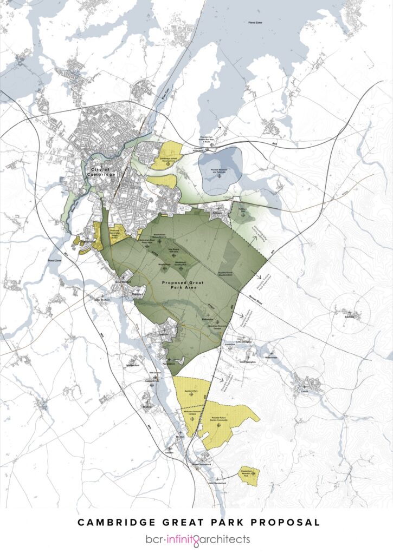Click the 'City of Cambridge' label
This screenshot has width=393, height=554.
tap(97, 173)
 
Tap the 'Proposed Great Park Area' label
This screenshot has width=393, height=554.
tap(182, 286)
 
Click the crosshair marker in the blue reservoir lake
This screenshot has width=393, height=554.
tap(219, 176)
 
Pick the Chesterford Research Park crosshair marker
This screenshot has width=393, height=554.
tap(249, 477)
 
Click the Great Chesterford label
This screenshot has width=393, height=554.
tap(200, 464)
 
